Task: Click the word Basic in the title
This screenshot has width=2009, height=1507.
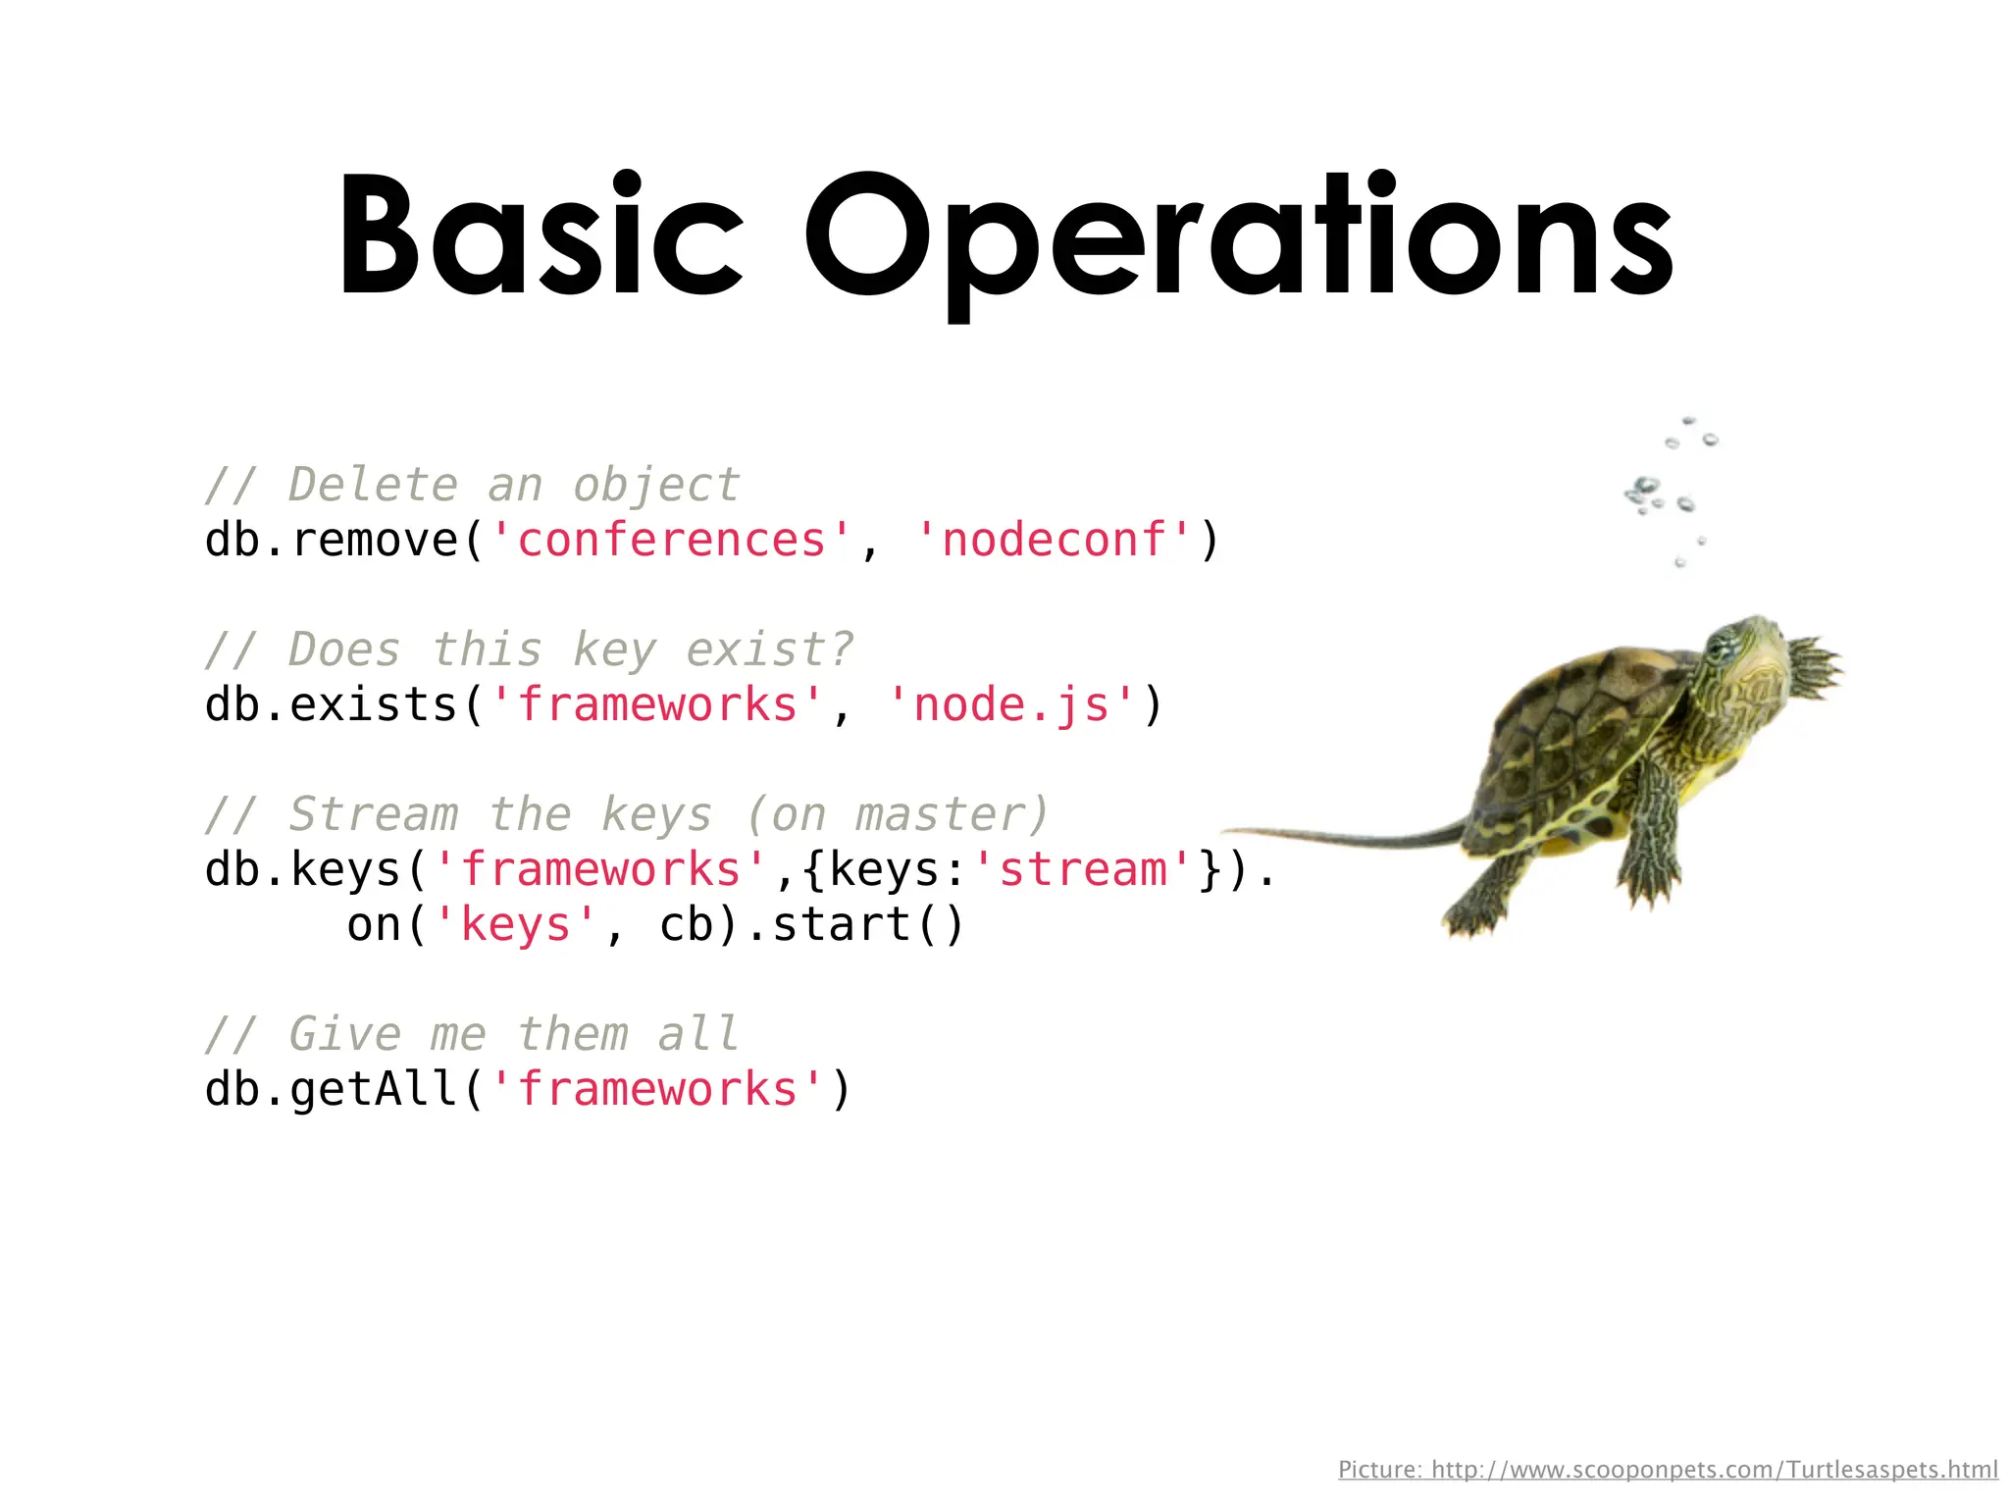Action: pos(540,235)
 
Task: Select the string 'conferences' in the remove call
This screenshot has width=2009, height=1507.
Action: pos(671,540)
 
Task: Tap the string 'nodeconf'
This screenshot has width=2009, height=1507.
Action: pos(1054,540)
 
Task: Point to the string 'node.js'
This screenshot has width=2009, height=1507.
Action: pos(1011,704)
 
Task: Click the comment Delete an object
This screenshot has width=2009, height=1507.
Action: pos(472,485)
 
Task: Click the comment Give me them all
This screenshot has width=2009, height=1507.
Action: pos(472,1034)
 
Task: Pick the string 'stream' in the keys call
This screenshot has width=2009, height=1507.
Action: pos(1082,869)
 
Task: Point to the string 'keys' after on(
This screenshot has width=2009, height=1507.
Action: pos(515,924)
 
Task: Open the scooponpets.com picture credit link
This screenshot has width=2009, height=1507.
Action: pos(1668,1469)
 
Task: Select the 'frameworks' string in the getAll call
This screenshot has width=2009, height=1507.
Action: pos(657,1089)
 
